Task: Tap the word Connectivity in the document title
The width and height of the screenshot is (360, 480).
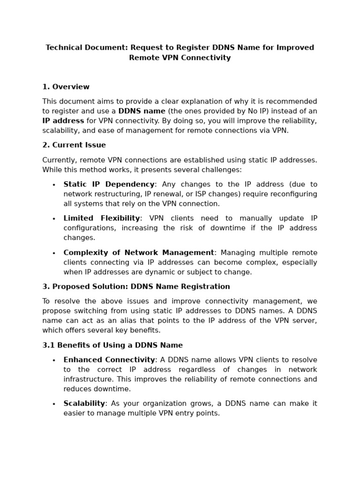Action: click(205, 58)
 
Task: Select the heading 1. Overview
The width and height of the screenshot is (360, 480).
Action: click(66, 87)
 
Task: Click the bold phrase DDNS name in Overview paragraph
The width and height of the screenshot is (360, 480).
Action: click(142, 111)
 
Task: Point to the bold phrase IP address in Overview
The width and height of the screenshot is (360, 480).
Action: click(63, 121)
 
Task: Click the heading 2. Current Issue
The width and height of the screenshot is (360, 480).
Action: click(74, 145)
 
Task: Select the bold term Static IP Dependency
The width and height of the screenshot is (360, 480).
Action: click(109, 184)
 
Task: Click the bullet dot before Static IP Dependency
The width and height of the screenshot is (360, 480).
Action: click(54, 185)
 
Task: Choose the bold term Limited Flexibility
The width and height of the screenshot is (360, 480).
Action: click(102, 218)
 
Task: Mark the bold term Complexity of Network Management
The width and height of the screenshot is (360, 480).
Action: click(139, 253)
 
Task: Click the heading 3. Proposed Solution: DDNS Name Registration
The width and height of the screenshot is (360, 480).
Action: click(136, 286)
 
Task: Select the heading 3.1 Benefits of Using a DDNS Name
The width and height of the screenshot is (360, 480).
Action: click(112, 345)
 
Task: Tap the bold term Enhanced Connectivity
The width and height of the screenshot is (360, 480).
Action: click(109, 360)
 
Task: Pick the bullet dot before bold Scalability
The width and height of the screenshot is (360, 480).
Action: click(54, 404)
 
